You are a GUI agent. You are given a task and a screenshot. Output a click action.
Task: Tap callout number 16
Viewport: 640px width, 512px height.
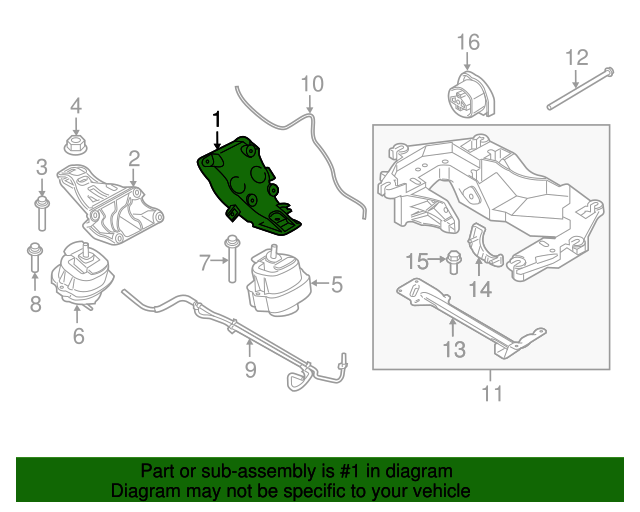[x=468, y=42]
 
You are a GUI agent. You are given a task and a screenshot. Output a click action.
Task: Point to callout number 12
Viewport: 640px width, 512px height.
[x=577, y=57]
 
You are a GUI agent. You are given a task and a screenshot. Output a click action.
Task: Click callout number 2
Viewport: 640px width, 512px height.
[x=133, y=158]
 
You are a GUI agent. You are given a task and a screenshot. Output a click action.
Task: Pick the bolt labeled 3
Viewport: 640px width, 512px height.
[x=41, y=210]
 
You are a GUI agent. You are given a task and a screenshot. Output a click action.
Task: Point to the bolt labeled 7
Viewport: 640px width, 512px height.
[x=231, y=258]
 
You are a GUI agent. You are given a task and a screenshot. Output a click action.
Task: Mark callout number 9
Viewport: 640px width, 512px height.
[x=250, y=370]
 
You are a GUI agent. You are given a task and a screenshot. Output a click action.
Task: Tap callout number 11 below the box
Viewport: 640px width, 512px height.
[x=491, y=393]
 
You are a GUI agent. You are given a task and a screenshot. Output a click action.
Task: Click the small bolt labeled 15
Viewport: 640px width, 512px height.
[x=450, y=263]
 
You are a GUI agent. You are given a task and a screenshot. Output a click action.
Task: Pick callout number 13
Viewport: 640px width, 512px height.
[x=454, y=349]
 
